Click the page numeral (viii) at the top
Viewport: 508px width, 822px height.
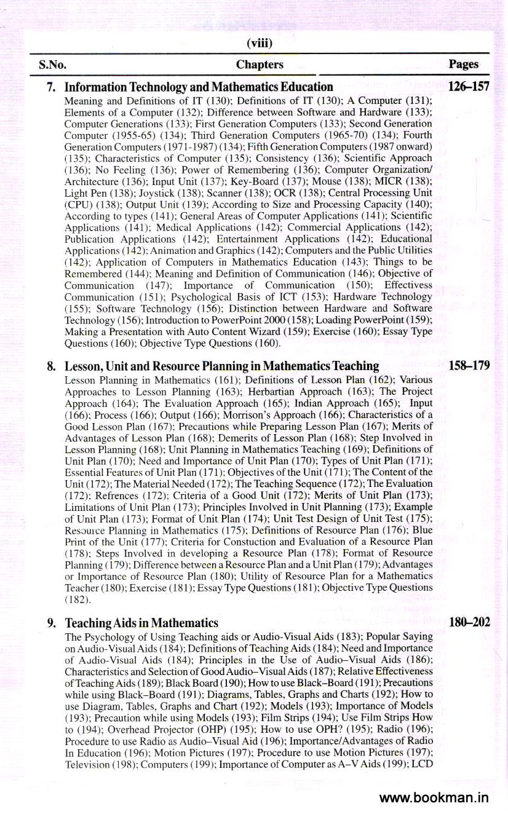point(259,44)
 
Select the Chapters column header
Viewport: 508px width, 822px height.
point(260,64)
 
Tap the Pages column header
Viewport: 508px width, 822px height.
point(464,64)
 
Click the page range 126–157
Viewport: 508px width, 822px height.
point(469,87)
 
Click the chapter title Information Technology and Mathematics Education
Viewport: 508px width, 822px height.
point(199,87)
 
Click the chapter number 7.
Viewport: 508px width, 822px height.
point(51,87)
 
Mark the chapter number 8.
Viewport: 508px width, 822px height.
point(51,366)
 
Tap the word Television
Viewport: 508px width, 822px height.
point(85,762)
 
